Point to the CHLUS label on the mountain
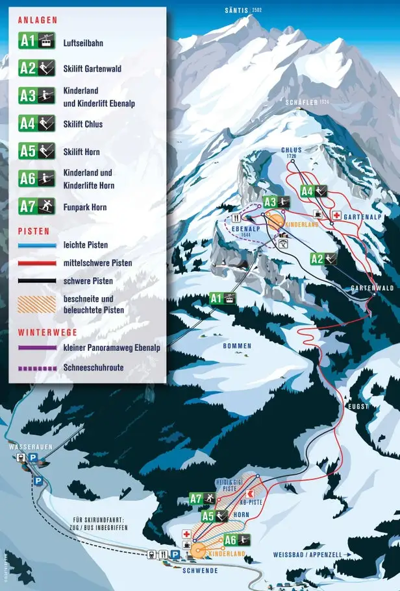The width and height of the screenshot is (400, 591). [x=292, y=151]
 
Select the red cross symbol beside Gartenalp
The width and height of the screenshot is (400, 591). [x=337, y=215]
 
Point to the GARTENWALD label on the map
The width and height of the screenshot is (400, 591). [x=372, y=287]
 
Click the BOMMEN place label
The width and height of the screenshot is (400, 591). [x=237, y=346]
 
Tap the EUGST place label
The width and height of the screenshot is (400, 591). [x=358, y=407]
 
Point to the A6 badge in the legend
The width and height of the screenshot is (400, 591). [x=36, y=178]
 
